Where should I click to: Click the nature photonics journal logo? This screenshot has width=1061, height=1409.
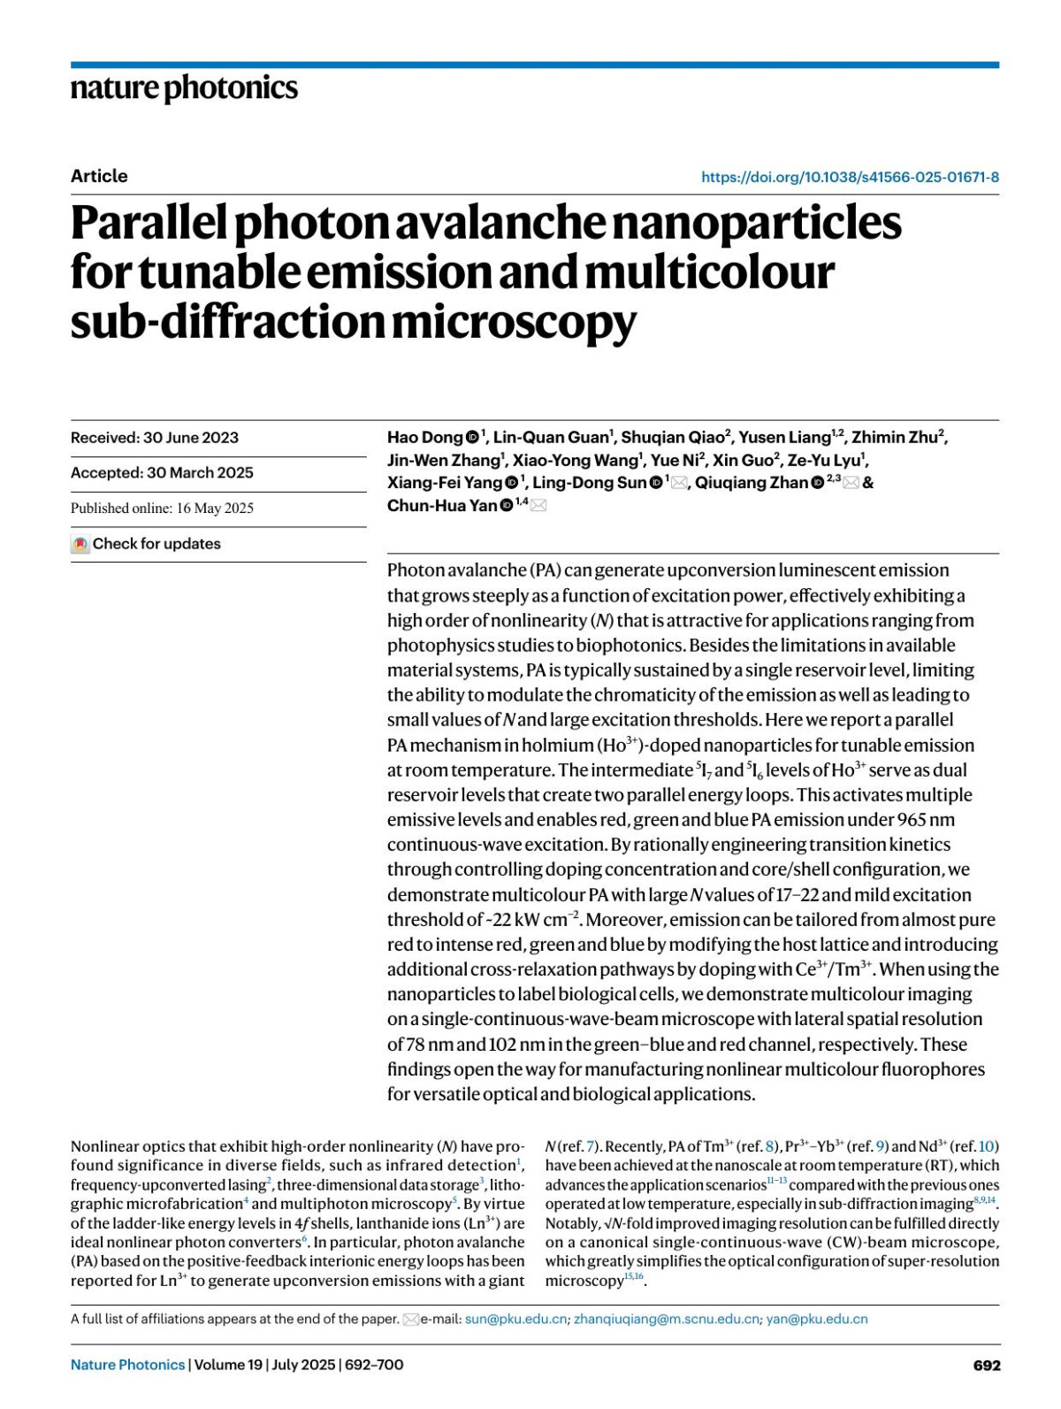click(184, 88)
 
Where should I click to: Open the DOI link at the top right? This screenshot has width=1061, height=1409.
click(850, 177)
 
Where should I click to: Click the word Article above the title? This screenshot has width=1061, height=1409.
click(99, 176)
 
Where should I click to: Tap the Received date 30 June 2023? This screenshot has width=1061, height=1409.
click(190, 438)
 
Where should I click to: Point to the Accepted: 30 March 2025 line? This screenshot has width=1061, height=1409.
click(162, 473)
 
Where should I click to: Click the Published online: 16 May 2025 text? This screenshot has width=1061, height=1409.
click(162, 509)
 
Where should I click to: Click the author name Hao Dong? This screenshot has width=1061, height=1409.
click(424, 438)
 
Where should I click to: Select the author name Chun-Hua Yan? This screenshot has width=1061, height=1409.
click(441, 506)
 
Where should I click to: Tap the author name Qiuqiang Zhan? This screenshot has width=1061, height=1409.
click(751, 483)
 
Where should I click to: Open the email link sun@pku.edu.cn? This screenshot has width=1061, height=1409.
click(515, 1319)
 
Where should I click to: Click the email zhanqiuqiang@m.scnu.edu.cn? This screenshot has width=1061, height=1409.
click(666, 1319)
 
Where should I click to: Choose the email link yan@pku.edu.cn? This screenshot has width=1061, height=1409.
click(816, 1319)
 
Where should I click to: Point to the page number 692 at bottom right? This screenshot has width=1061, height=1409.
click(986, 1366)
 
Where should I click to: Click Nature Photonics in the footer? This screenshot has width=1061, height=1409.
click(127, 1365)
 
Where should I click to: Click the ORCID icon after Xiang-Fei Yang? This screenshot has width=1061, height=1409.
click(512, 483)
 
